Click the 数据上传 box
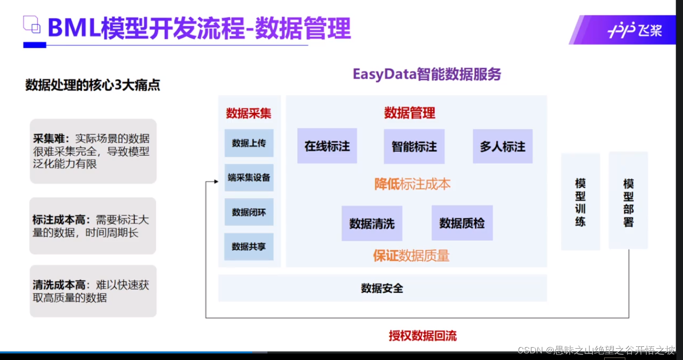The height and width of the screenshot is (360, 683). click(249, 143)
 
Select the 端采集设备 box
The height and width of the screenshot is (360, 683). click(249, 177)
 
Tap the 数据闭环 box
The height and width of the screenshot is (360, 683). click(249, 212)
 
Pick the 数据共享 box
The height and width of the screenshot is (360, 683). click(249, 247)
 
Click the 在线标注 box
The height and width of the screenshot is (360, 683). click(327, 146)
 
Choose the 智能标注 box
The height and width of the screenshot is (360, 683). click(414, 147)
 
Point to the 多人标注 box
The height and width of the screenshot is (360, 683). click(503, 147)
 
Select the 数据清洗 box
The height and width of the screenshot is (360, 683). click(372, 223)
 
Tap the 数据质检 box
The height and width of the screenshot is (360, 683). click(462, 223)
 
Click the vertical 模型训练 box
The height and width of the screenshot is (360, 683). click(580, 202)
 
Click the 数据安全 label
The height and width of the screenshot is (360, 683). click(382, 288)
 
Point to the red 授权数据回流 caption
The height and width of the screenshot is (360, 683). click(423, 336)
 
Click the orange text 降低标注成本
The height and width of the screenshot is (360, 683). click(413, 184)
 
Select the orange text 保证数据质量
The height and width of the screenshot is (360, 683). click(411, 256)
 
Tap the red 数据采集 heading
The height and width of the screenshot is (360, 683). click(249, 113)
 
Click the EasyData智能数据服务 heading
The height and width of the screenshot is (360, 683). click(427, 74)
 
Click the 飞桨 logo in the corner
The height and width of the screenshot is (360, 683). click(634, 30)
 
